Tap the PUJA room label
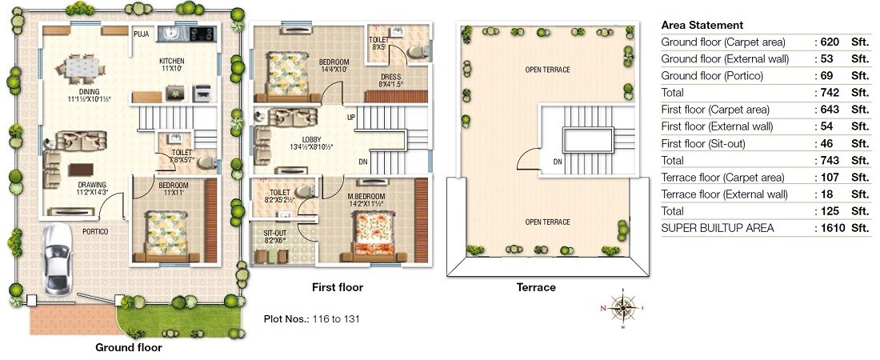click(142, 34)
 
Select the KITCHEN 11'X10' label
click(172, 65)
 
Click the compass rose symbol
click(622, 306)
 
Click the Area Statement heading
click(702, 25)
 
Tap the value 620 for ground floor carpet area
click(832, 42)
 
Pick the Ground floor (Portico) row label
click(712, 76)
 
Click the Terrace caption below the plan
click(536, 287)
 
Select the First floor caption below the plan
click(337, 286)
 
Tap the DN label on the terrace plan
click(557, 162)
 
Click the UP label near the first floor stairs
click(350, 118)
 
